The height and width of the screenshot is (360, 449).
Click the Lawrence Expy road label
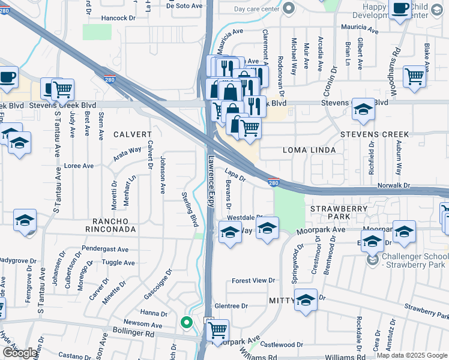point(211,182)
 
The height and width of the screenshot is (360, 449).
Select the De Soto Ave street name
point(185,6)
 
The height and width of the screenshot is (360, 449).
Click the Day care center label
point(256,9)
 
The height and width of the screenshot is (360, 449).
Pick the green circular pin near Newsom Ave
point(187,323)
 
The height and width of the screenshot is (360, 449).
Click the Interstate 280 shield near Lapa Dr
point(273,182)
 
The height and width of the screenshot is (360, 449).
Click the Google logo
point(20,353)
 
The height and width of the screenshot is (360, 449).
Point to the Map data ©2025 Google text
point(411,355)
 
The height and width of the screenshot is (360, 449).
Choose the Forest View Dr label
point(253,280)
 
